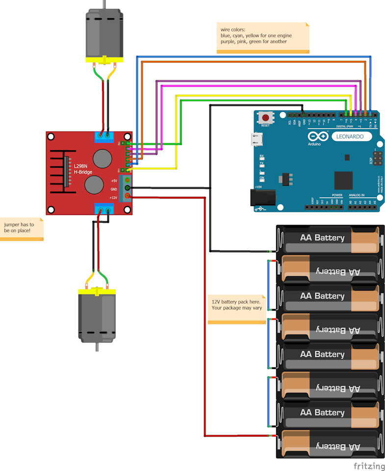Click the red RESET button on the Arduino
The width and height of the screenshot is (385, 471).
[x=266, y=118]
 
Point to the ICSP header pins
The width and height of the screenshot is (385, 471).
[x=378, y=158]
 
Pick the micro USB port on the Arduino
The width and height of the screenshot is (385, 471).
[x=257, y=140]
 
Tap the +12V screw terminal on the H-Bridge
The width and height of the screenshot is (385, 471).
[x=128, y=197]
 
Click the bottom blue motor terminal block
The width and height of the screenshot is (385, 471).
[x=104, y=209]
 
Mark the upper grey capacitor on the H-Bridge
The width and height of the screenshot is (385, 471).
[x=103, y=158]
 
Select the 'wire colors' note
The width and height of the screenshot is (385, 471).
[x=263, y=37]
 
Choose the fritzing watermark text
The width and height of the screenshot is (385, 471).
[x=369, y=466]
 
